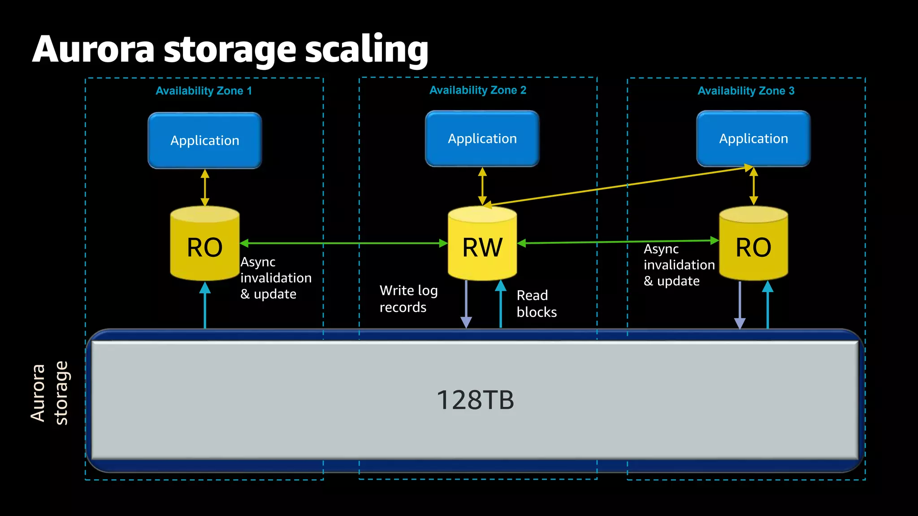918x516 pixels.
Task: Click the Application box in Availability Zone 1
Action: point(205,141)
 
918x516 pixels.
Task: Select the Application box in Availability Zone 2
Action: point(482,139)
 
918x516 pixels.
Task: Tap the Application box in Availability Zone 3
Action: point(753,139)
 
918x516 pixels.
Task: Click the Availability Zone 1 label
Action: point(204,91)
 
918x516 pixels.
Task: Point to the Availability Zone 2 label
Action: point(477,90)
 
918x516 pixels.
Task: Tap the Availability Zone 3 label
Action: point(746,91)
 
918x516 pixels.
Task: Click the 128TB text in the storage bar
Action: point(475,400)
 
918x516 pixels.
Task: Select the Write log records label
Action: point(408,299)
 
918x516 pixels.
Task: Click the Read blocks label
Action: point(536,304)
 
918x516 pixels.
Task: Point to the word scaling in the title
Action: point(367,49)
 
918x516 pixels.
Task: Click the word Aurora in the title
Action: point(93,49)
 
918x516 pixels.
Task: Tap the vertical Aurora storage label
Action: point(49,393)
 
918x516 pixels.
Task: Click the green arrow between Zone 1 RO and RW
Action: point(343,243)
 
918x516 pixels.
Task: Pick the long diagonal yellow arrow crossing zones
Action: point(619,186)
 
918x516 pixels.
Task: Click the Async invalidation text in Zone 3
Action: point(678,265)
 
